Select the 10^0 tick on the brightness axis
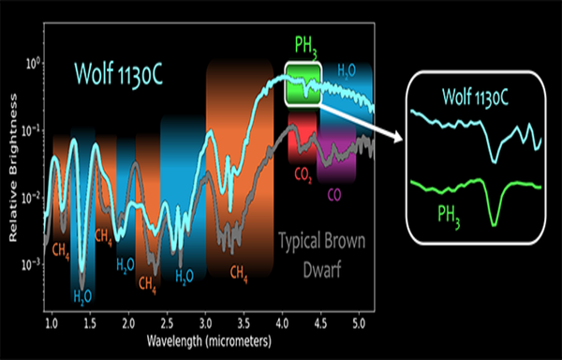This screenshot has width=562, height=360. [x=29, y=63]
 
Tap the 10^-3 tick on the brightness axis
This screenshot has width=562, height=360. [x=29, y=264]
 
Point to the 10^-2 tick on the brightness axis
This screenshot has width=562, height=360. [x=29, y=197]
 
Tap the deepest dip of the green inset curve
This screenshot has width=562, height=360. [x=494, y=223]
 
